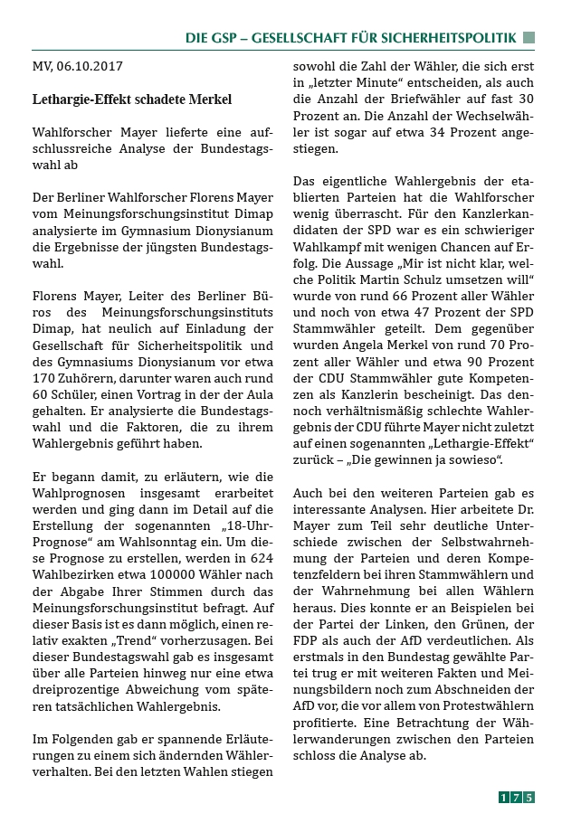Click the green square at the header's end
(x=529, y=38)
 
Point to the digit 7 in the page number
(x=516, y=797)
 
